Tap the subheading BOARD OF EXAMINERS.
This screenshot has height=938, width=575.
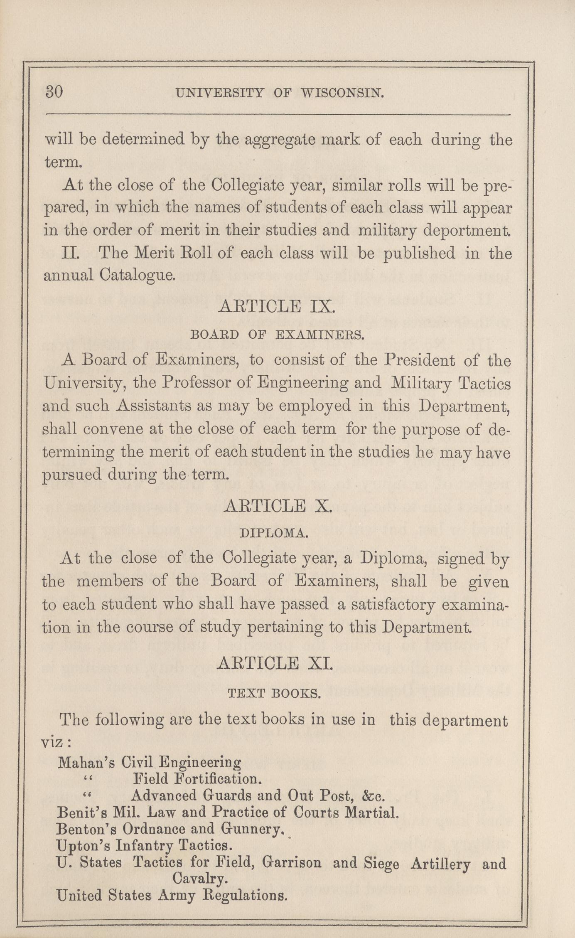[277, 335]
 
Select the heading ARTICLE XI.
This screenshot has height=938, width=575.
[275, 663]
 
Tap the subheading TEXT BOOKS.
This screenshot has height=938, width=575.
[274, 693]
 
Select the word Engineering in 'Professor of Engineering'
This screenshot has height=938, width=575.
[302, 383]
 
